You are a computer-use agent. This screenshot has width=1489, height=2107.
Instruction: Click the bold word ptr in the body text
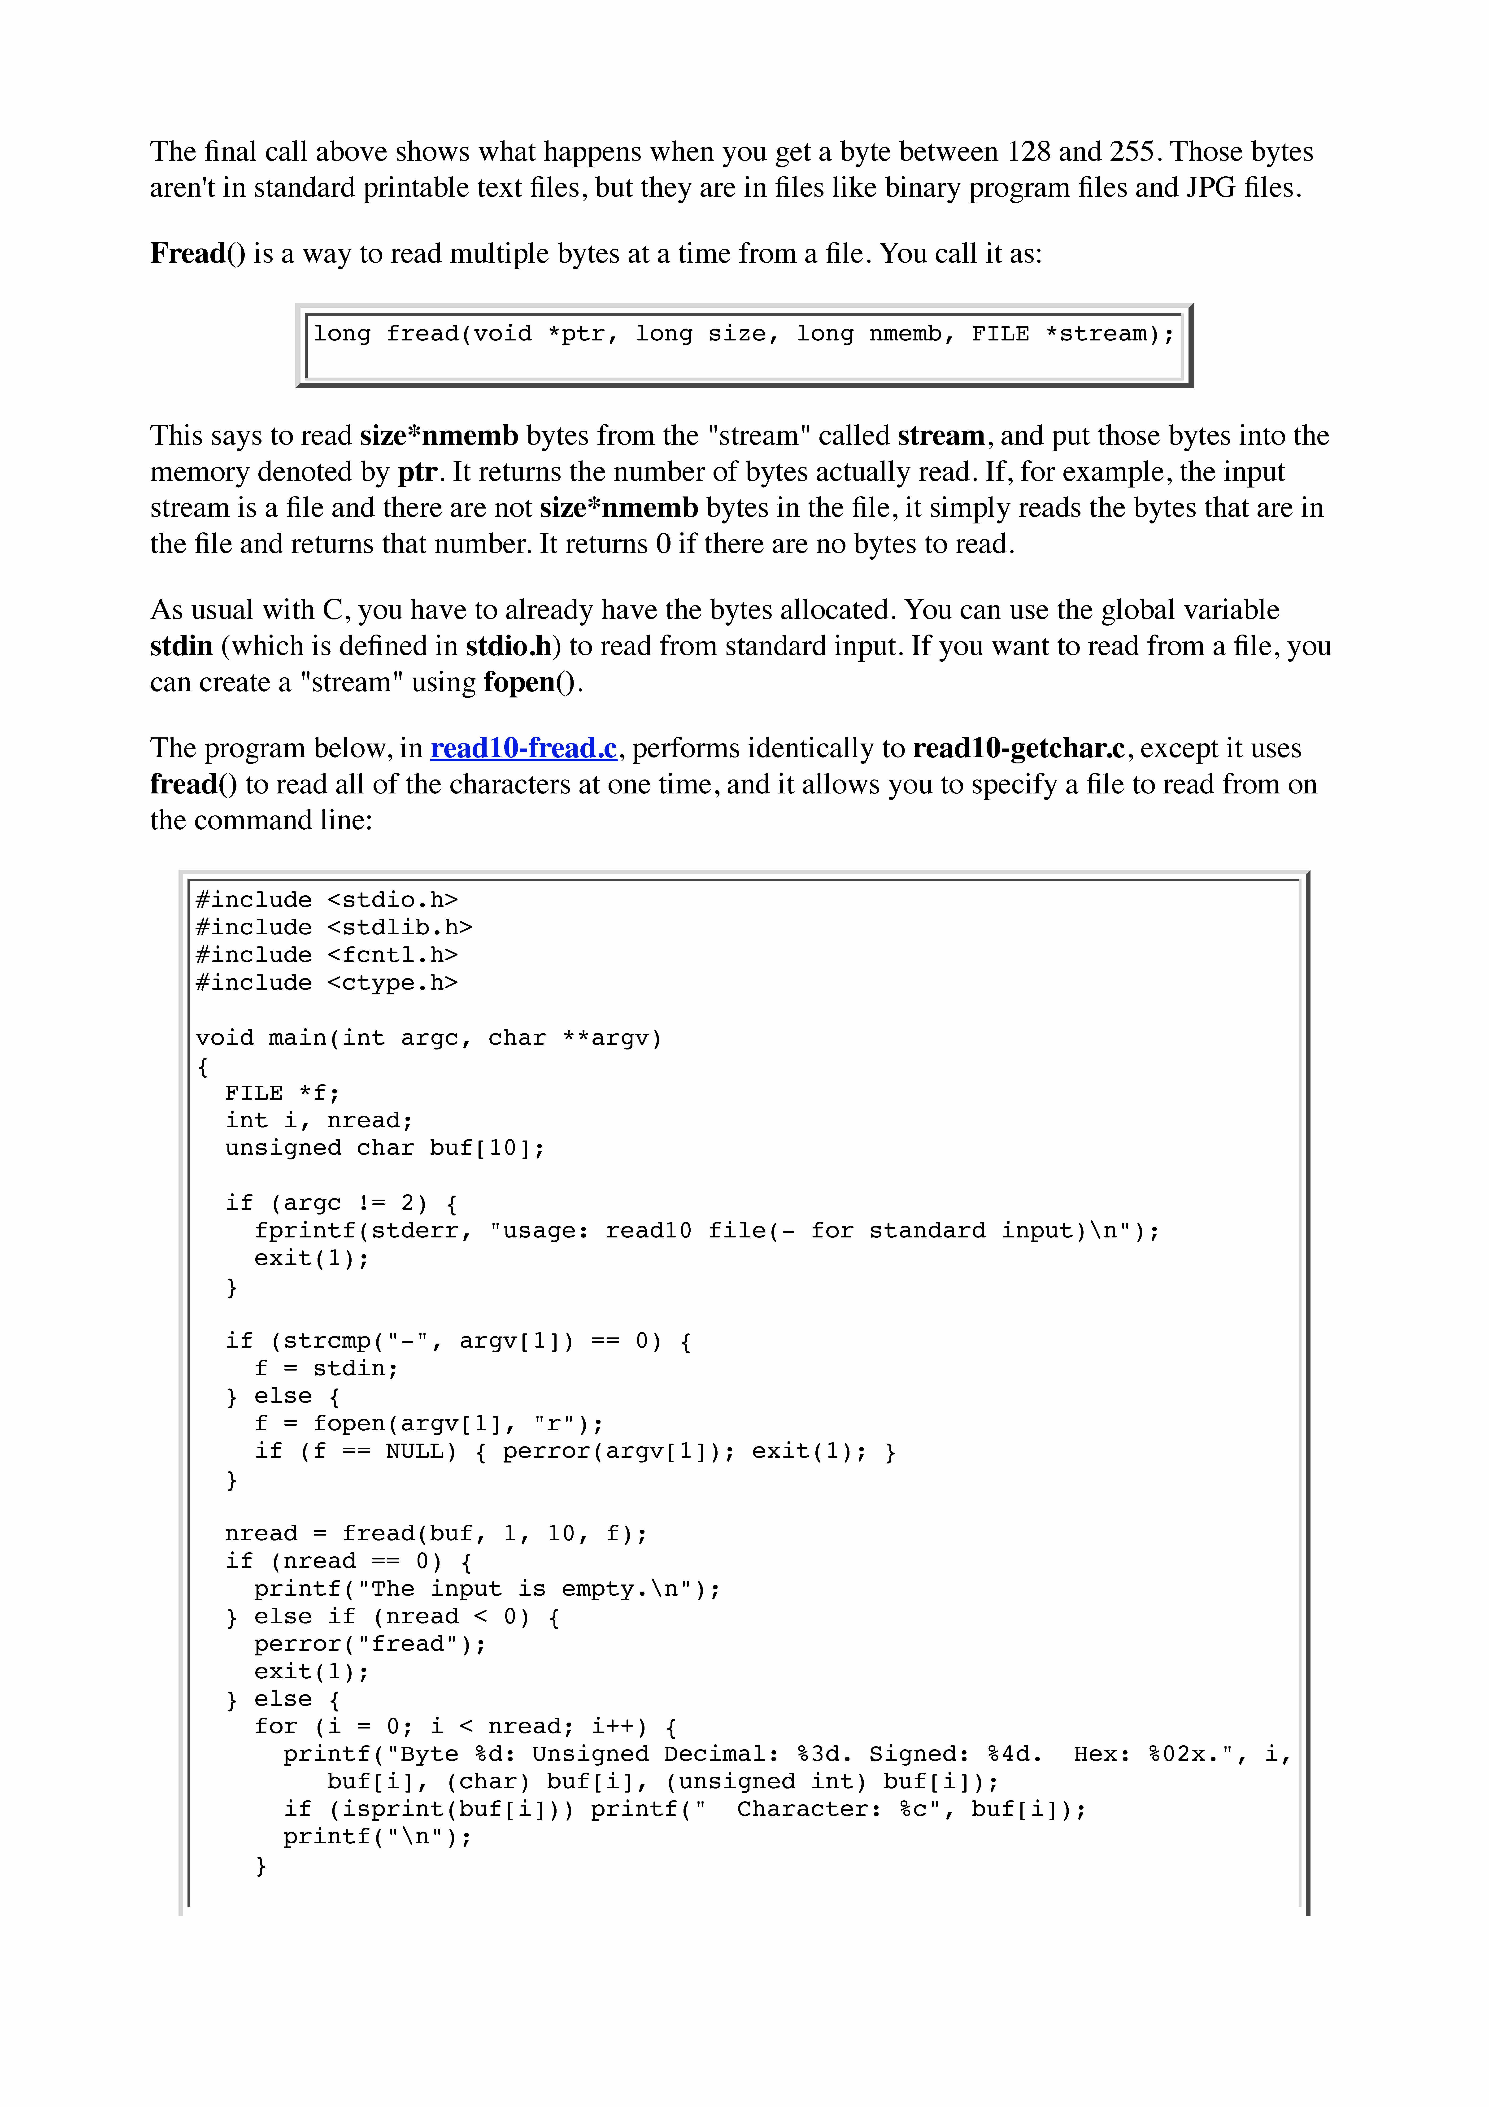(x=417, y=472)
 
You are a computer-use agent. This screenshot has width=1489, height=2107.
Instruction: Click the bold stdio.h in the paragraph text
(x=508, y=646)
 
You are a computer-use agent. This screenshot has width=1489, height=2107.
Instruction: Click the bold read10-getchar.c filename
(x=1018, y=748)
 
